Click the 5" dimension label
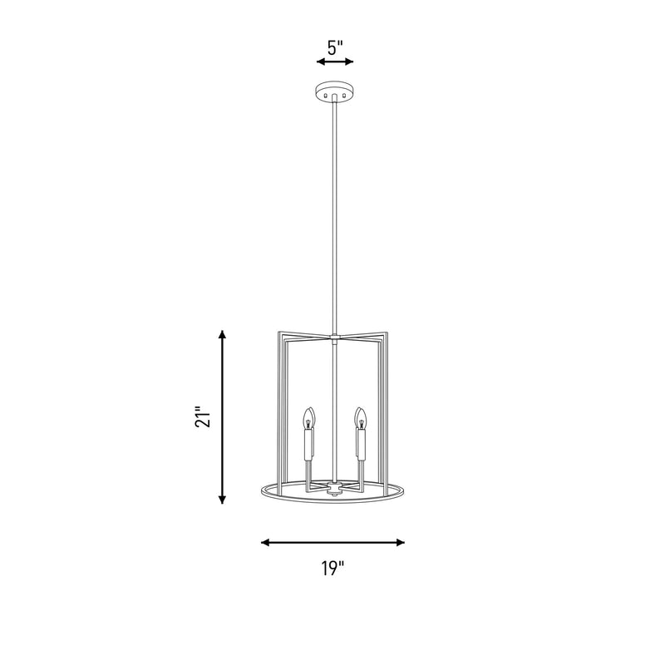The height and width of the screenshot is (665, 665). [x=335, y=47]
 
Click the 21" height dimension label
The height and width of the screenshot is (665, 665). [x=203, y=417]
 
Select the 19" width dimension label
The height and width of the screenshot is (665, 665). [x=332, y=569]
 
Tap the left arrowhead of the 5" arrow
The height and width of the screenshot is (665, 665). [x=321, y=62]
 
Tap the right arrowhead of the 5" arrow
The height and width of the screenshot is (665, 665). [x=349, y=62]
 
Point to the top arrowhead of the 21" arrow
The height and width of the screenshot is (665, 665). [x=222, y=334]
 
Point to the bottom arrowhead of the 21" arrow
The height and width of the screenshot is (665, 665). [x=222, y=500]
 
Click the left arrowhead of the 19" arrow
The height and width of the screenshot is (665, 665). [x=265, y=543]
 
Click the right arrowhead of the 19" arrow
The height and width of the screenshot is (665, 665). [x=400, y=543]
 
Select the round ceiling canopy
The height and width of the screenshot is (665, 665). [x=334, y=91]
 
